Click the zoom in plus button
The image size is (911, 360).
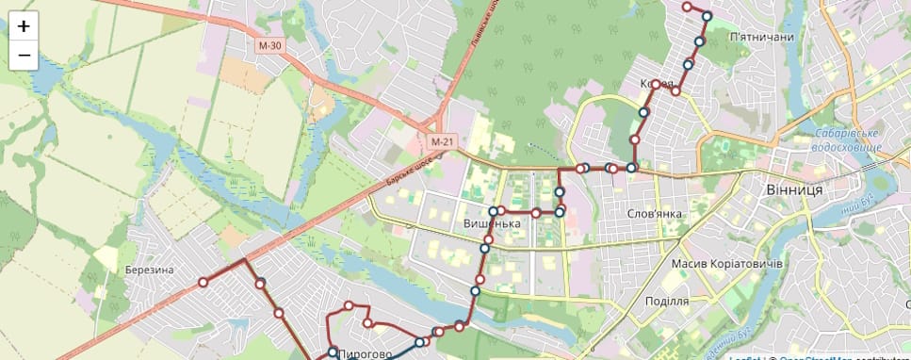[x=24, y=26]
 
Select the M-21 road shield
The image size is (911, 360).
[x=443, y=141]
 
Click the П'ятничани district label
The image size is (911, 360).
[x=761, y=37]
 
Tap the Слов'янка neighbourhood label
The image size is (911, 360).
[x=654, y=213]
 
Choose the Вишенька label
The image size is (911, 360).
[x=492, y=224]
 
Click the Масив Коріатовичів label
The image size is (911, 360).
[x=726, y=263]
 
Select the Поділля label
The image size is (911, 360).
[x=667, y=301]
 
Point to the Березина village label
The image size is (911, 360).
[x=149, y=270]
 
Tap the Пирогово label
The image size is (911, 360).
[x=364, y=353]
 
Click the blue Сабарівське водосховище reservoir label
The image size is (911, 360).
[x=848, y=140]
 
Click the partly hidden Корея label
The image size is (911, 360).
[x=656, y=84]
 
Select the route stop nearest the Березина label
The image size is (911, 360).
[x=203, y=282]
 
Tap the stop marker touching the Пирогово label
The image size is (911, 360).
[x=333, y=352]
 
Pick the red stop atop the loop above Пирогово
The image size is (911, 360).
[x=349, y=305]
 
